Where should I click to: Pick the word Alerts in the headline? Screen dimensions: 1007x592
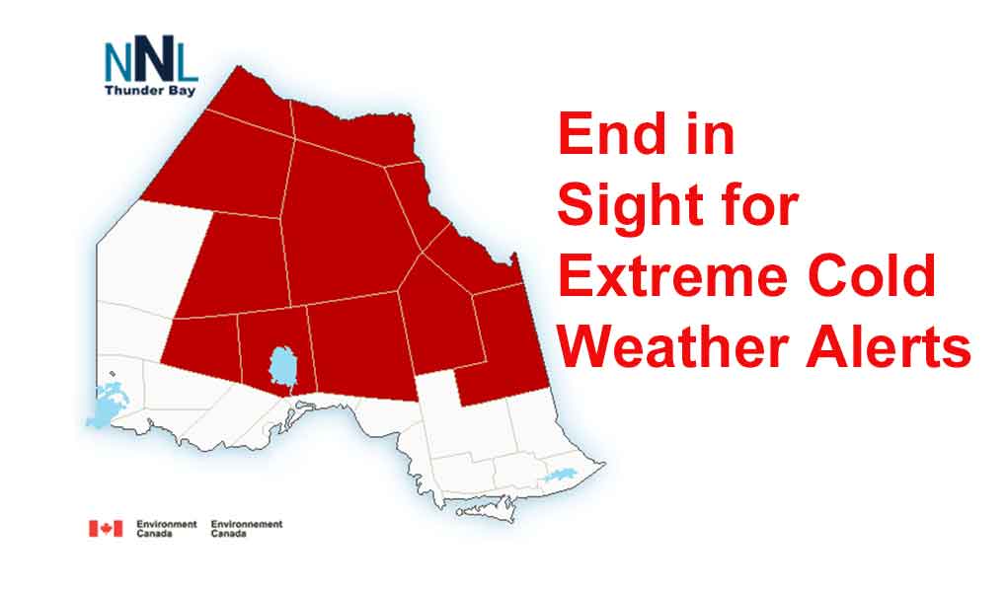pos(889,346)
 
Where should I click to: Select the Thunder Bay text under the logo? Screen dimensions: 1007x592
pos(150,91)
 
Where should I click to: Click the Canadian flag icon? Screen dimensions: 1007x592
pos(106,529)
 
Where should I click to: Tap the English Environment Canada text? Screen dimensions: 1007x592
pos(166,529)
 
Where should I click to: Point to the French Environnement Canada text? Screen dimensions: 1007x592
pos(247,529)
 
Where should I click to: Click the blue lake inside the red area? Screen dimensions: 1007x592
pos(283,367)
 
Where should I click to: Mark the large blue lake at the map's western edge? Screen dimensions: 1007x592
pos(108,405)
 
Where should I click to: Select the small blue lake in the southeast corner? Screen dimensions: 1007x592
pos(561,476)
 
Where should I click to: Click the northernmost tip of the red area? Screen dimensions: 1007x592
pos(239,66)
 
